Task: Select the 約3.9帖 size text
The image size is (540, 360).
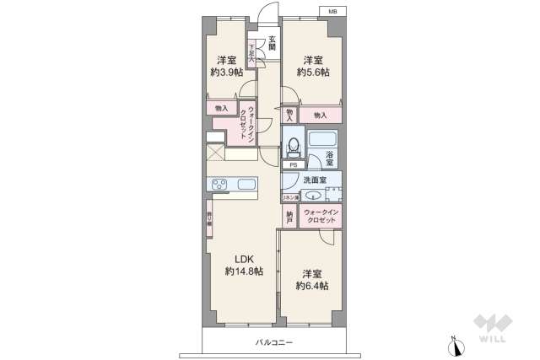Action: pos(225,73)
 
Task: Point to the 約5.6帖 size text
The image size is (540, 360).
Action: pos(312,73)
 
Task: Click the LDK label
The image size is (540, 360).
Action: pos(244,258)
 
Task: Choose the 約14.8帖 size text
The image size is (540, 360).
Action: pos(244,271)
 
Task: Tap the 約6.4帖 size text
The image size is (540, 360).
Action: pos(312,286)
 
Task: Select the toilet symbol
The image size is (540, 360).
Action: pos(292,147)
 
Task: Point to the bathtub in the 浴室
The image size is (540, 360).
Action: pos(322,139)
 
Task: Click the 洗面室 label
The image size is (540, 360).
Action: pos(316,180)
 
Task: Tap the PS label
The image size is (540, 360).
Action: pos(293,165)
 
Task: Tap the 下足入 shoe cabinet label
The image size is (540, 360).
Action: pos(251,55)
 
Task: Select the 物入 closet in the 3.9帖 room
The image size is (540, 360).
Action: pos(220,109)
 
